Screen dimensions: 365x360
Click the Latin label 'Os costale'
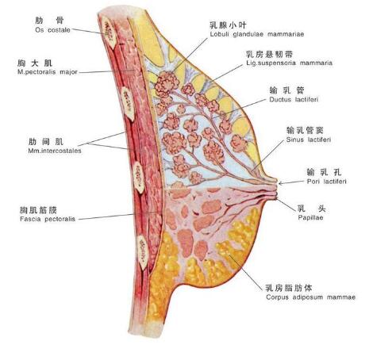click(52, 30)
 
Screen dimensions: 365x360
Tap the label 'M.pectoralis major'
click(48, 72)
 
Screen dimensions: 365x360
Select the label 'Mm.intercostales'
click(55, 151)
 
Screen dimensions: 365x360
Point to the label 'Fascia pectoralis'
click(48, 219)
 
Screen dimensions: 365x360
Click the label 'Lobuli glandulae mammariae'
click(257, 34)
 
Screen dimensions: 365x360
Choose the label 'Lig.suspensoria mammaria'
click(289, 63)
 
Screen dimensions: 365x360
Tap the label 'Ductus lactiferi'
click(294, 99)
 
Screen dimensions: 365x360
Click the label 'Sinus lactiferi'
click(309, 140)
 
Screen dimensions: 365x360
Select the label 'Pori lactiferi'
click(326, 182)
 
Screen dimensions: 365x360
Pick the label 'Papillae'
click(310, 217)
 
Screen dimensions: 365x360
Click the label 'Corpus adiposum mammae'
click(311, 297)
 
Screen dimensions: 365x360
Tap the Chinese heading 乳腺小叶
click(228, 25)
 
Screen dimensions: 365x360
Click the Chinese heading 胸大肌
click(35, 63)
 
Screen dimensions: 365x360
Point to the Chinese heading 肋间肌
click(46, 142)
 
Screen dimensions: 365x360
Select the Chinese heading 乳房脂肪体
click(289, 288)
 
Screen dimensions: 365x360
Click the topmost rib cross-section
click(109, 31)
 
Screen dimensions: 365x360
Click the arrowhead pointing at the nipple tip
click(281, 183)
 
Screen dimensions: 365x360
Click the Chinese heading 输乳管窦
click(305, 130)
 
